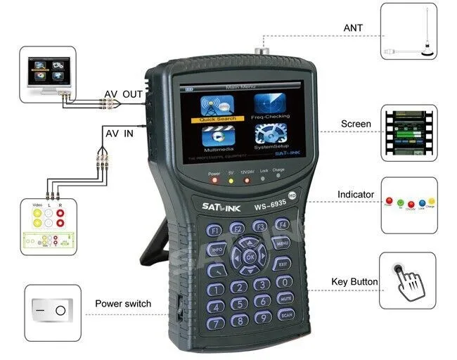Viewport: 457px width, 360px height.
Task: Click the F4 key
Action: click(282, 226)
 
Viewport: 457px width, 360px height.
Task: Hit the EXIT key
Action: click(282, 264)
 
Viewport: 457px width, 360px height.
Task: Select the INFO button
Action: click(217, 249)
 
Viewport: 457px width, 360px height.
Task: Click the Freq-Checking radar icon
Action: click(271, 104)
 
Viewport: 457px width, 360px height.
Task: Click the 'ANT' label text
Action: click(353, 28)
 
